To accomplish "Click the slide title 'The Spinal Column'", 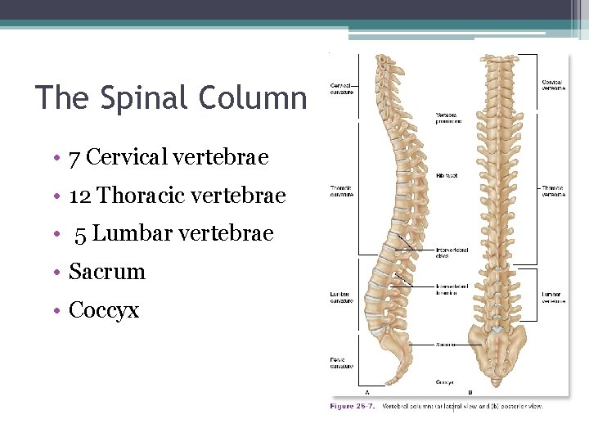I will click(171, 98).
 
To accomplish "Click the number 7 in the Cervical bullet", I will click(74, 156).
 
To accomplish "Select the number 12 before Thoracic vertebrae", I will click(79, 196).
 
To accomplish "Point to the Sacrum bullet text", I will click(107, 272).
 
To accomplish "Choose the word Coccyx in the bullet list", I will click(104, 310).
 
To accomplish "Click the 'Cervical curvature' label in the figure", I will click(342, 87).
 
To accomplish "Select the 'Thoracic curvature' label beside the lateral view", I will click(341, 192).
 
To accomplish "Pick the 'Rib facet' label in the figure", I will click(447, 174).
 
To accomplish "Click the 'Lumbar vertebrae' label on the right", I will click(553, 297).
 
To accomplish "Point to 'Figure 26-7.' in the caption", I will click(353, 406).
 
